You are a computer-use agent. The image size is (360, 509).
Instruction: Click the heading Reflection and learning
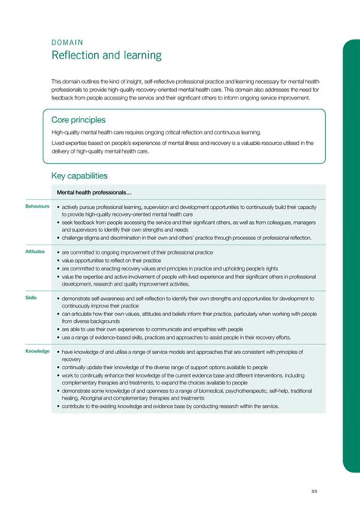coord(106,55)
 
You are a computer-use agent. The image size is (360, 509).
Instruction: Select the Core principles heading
coord(78,120)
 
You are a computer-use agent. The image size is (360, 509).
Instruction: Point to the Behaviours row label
coord(37,206)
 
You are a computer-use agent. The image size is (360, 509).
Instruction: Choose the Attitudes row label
coord(35,251)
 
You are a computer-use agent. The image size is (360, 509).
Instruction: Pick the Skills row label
coord(31,298)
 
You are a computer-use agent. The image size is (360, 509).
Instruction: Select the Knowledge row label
coord(37,351)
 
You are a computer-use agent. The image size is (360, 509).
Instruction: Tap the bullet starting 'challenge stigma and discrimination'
coord(185,238)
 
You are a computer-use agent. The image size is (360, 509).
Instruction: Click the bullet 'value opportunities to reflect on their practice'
coord(125,260)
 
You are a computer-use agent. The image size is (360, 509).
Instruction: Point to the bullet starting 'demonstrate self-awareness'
coord(190,302)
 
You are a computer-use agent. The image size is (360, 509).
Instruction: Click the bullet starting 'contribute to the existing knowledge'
coord(170,406)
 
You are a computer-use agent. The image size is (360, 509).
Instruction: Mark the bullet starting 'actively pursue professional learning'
coord(190,210)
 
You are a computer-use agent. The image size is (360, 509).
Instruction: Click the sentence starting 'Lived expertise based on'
coord(182,147)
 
